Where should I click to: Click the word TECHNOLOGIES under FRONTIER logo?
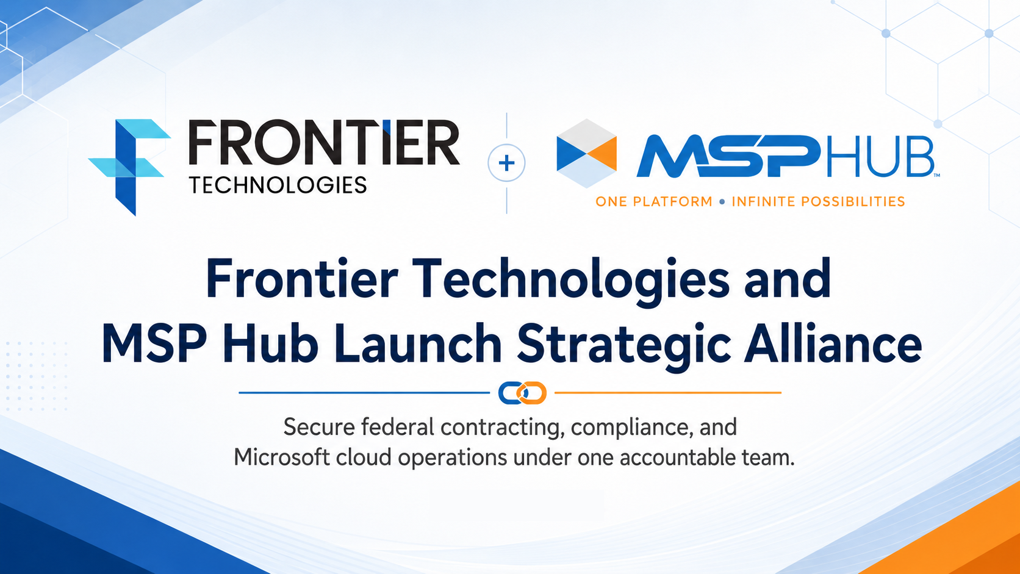tap(278, 185)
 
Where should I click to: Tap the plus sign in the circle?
tap(506, 163)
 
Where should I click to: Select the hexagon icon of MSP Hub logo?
tap(586, 153)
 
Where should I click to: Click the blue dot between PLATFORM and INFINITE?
tap(722, 202)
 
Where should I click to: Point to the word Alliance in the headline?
tap(833, 343)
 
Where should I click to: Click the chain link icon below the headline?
tap(522, 393)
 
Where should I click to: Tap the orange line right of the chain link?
tap(668, 392)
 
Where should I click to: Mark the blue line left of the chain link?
tap(364, 392)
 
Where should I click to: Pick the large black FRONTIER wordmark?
tap(324, 143)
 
